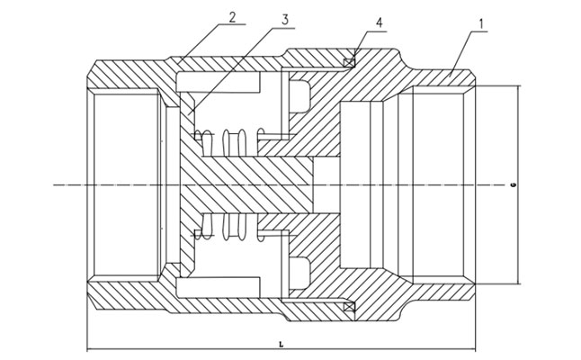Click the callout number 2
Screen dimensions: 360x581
(x=233, y=16)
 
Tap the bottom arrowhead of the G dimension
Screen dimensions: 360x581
(x=519, y=282)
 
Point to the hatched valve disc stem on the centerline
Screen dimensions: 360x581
(x=261, y=184)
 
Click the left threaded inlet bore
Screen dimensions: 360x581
(x=126, y=184)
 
